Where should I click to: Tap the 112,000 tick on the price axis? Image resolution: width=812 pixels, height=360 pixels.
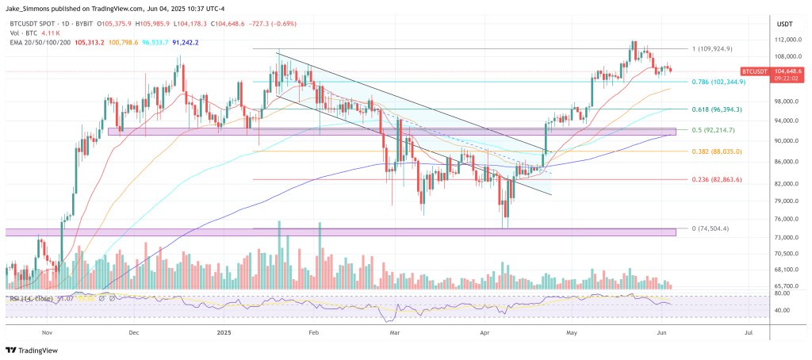tap(785, 40)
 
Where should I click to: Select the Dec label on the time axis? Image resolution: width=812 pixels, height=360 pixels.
tap(133, 335)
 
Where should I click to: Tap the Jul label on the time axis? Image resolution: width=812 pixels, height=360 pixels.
tap(748, 335)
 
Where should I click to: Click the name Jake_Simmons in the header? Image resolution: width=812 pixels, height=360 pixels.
tap(29, 6)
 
